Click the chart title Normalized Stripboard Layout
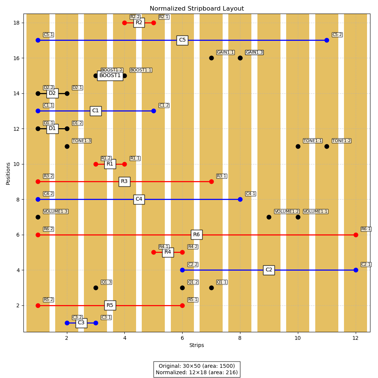pyautogui.click(x=197, y=9)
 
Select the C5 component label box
pyautogui.click(x=182, y=40)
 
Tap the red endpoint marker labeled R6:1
pyautogui.click(x=356, y=235)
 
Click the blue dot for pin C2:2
pyautogui.click(x=182, y=270)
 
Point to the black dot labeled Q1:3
pyautogui.click(x=96, y=288)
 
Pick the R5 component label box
pyautogui.click(x=110, y=305)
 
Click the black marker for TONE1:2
pyautogui.click(x=327, y=146)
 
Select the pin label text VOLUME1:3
pyautogui.click(x=55, y=212)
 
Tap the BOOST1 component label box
pyautogui.click(x=110, y=76)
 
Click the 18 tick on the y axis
pyautogui.click(x=17, y=23)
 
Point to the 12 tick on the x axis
pyautogui.click(x=356, y=338)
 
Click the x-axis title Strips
pyautogui.click(x=197, y=345)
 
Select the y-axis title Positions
pyautogui.click(x=8, y=173)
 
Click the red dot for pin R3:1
pyautogui.click(x=211, y=181)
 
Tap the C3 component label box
pyautogui.click(x=81, y=323)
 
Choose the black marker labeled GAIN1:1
pyautogui.click(x=211, y=58)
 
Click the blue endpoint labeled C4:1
pyautogui.click(x=240, y=199)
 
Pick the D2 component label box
pyautogui.click(x=52, y=93)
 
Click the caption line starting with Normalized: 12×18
pyautogui.click(x=197, y=372)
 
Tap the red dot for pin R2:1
pyautogui.click(x=153, y=23)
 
